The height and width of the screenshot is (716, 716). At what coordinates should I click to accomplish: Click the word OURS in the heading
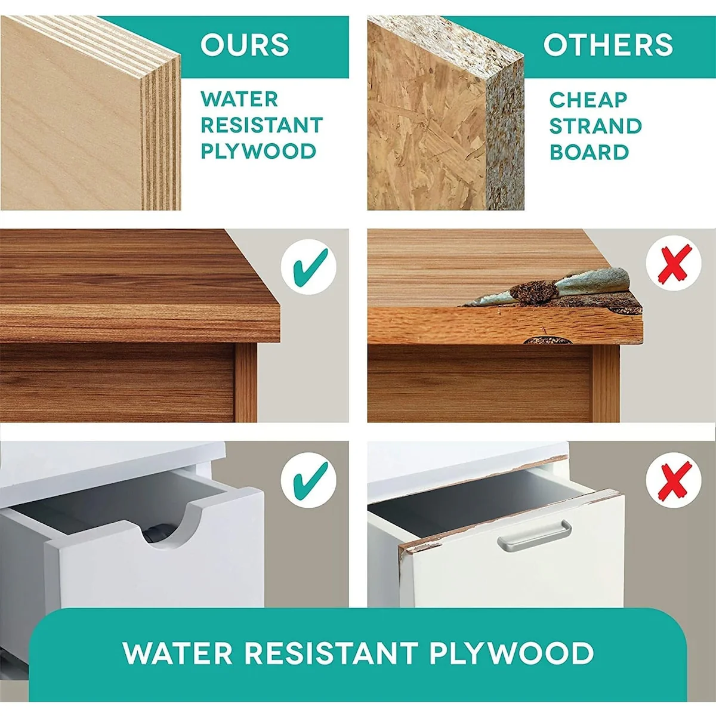(245, 45)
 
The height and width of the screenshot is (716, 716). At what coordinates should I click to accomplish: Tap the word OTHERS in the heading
(608, 45)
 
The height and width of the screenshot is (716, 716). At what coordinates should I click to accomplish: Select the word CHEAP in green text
(588, 100)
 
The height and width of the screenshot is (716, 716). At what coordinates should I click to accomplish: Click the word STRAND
(595, 126)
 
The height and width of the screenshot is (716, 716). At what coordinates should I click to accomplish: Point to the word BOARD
(590, 152)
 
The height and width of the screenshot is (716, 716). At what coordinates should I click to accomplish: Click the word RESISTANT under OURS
(261, 125)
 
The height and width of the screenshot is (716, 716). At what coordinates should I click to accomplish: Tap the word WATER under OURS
(239, 99)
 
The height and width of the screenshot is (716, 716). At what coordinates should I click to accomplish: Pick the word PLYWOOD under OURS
(258, 151)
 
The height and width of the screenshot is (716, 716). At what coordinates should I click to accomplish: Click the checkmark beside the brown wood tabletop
(311, 267)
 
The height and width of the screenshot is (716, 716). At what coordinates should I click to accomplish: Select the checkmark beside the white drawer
(311, 480)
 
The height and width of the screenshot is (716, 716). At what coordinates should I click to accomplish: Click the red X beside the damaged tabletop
(674, 264)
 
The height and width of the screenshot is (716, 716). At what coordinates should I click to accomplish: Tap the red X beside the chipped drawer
(674, 481)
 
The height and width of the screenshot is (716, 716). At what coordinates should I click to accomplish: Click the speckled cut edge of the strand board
(505, 137)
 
